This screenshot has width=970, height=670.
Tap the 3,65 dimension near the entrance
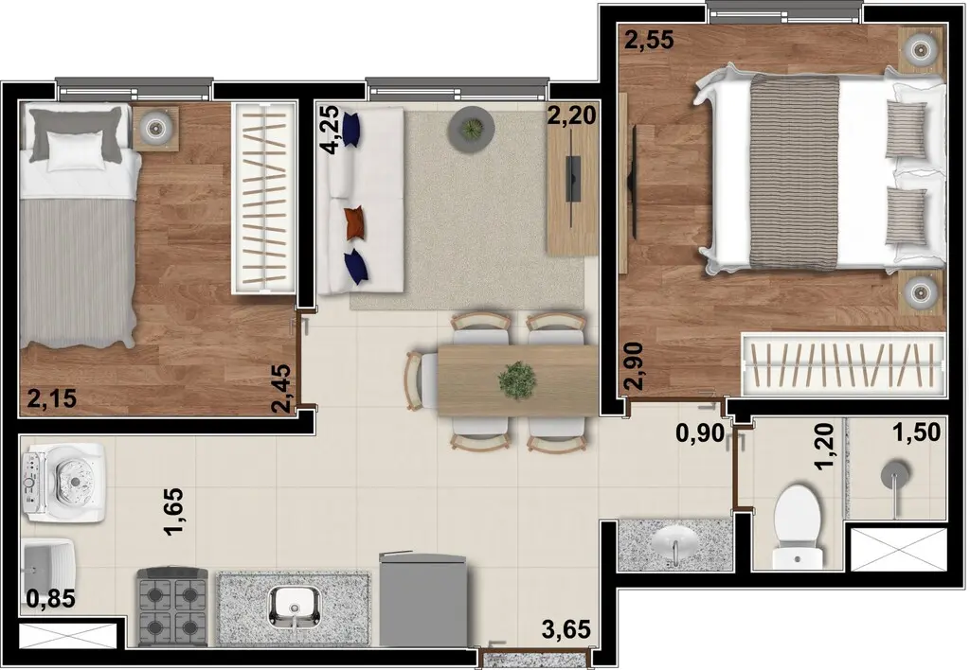click(x=566, y=630)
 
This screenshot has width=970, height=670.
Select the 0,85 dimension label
click(x=51, y=598)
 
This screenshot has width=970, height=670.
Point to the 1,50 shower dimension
click(x=916, y=432)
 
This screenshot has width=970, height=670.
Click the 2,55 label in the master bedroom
click(x=649, y=40)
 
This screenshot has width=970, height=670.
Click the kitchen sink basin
click(x=295, y=607)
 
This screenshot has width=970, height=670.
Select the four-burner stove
click(x=172, y=606)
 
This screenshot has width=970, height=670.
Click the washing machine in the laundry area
click(x=63, y=483)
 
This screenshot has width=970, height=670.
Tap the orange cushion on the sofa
click(x=354, y=222)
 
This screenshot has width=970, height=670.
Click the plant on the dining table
click(x=517, y=379)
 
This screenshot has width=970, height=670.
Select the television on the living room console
click(x=573, y=179)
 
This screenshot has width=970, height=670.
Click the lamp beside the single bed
click(x=154, y=129)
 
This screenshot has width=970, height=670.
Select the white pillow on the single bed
click(x=76, y=150)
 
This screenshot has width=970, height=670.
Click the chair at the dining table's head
click(x=420, y=380)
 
